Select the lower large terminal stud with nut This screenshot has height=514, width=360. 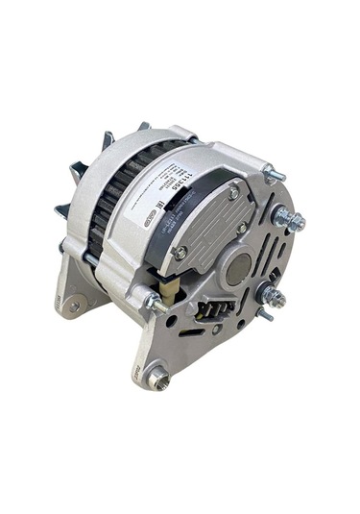[x=274, y=294]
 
